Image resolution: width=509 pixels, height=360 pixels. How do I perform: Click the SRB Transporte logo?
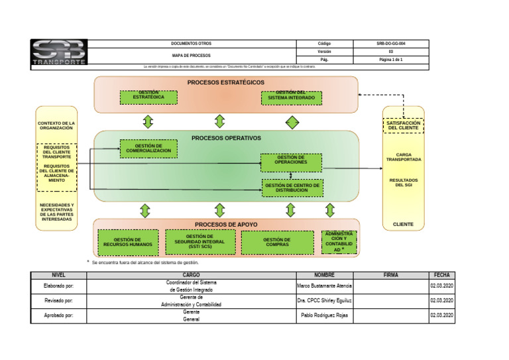[59, 53]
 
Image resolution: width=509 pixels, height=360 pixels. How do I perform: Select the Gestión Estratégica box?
[148, 97]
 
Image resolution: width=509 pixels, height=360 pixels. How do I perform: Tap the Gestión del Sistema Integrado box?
[291, 97]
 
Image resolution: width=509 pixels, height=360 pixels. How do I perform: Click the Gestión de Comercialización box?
[148, 149]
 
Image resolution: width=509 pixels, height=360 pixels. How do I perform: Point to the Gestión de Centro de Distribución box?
[292, 188]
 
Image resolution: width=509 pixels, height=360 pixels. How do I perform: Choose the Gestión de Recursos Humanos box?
[128, 243]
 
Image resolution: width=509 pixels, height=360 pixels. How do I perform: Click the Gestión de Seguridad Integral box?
[199, 241]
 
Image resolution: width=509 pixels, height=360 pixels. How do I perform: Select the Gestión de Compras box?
[277, 243]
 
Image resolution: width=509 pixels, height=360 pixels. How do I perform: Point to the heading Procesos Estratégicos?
[225, 83]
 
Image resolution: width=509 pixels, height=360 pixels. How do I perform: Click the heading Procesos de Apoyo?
[226, 225]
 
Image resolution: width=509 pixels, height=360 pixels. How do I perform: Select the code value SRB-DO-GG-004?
[390, 43]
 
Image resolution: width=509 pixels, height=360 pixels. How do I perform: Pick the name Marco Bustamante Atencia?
[324, 286]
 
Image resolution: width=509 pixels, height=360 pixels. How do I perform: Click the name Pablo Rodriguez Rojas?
[324, 316]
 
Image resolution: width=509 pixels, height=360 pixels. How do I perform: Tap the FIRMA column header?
[390, 274]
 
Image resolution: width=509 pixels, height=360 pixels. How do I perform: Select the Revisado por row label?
[58, 301]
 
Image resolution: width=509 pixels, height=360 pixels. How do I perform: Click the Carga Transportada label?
[403, 157]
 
